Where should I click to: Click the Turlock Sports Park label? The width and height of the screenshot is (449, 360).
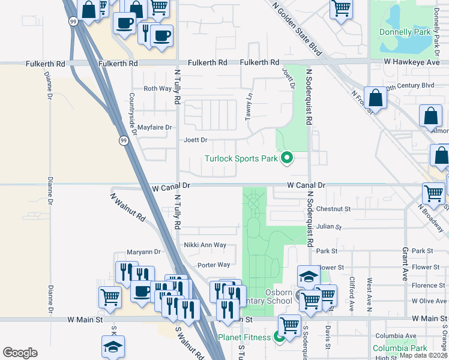point(241,158)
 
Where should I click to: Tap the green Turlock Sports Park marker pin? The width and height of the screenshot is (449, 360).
point(287,158)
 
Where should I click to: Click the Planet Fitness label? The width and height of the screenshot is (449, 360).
point(245,337)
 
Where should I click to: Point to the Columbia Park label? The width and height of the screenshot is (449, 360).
point(399,348)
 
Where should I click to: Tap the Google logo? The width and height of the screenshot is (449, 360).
point(20,353)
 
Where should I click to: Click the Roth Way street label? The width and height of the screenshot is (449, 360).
point(157,89)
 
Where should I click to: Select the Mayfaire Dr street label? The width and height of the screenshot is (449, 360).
point(155,127)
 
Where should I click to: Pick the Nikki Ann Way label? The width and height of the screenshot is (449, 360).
point(205,245)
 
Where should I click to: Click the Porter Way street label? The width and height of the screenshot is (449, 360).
point(214,265)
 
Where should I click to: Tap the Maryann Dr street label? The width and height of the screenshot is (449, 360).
point(144,252)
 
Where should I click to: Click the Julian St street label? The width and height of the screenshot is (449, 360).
point(328,227)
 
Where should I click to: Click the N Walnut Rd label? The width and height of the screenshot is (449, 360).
point(128,208)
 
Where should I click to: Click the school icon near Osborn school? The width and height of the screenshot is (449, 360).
point(309,276)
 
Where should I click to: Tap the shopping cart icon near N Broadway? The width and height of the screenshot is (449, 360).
point(433,193)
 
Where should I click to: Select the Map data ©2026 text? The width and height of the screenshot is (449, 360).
point(423,355)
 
